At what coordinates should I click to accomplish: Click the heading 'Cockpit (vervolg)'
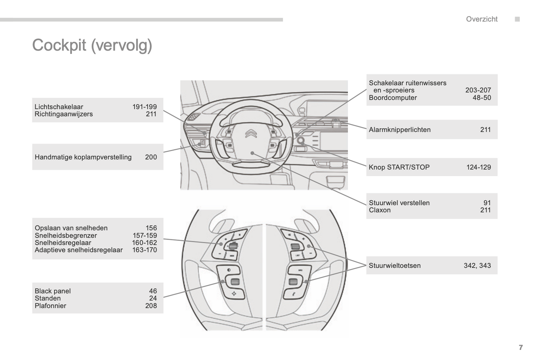[x=92, y=46]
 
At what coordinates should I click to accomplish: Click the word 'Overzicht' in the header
[x=481, y=19]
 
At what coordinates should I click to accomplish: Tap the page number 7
[x=521, y=347]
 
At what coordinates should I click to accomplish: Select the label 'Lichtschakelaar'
[x=59, y=107]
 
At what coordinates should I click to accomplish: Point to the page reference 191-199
[x=144, y=107]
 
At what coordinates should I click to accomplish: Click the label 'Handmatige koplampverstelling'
[x=83, y=157]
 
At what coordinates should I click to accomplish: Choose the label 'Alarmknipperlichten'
[x=399, y=130]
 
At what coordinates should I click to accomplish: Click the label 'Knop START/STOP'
[x=399, y=167]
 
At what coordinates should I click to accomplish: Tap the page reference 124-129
[x=478, y=167]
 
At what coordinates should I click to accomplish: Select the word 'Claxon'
[x=379, y=210]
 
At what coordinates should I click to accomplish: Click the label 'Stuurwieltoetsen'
[x=394, y=265]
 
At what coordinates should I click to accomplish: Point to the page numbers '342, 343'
[x=477, y=265]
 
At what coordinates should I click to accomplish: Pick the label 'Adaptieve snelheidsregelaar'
[x=78, y=250]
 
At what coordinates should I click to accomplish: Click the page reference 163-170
[x=144, y=250]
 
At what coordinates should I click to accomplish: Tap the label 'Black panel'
[x=53, y=291]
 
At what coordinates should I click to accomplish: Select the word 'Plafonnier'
[x=50, y=305]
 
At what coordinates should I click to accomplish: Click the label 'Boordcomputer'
[x=392, y=98]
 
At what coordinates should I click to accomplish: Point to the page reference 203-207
[x=478, y=90]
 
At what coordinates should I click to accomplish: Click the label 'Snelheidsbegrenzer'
[x=65, y=236]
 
